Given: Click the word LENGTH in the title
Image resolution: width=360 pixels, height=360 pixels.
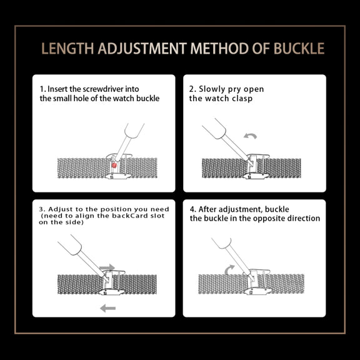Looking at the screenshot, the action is point(67,49).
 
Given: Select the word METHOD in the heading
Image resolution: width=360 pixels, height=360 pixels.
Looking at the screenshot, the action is point(219,49).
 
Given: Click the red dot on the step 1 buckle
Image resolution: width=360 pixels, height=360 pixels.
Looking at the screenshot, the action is point(114,165).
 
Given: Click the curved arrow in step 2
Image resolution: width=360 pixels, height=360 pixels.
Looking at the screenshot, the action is point(250,136).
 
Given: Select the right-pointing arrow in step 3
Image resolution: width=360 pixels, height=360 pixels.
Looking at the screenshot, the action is point(107,267).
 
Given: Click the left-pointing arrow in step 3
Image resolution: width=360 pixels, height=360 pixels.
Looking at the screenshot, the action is point(108,308).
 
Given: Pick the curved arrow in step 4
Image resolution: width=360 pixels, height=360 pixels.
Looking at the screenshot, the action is point(229,269).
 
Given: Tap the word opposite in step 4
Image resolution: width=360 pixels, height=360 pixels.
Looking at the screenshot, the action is point(269,219).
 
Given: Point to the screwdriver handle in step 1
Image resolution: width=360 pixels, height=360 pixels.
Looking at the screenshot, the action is point(134,131).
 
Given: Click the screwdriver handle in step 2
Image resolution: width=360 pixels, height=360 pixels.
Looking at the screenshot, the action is point(214,129).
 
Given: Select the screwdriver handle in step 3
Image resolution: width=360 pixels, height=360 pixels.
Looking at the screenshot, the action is point(70,245).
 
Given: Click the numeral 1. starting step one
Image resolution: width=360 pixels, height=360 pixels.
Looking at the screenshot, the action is point(42,89).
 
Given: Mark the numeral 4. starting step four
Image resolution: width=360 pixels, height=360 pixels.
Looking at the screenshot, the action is point(193,209).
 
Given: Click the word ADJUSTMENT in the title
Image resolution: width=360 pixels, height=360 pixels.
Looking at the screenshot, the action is point(142,49).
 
